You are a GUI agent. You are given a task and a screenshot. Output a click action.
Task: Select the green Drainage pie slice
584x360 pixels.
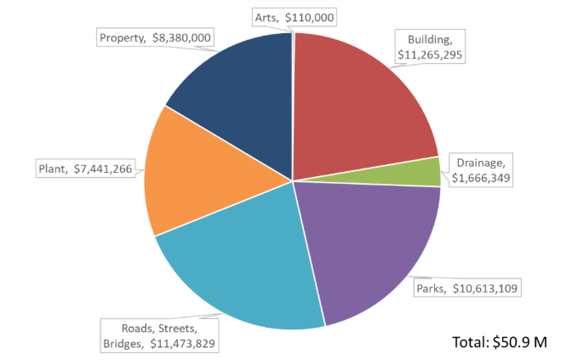pos(426,172)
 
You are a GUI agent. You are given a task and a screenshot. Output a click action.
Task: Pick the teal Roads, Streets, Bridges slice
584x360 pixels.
pos(247,264)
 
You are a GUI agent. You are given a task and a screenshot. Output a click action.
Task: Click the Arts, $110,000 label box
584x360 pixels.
pos(295,16)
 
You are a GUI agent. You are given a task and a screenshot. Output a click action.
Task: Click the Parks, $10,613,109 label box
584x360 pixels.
pos(467,289)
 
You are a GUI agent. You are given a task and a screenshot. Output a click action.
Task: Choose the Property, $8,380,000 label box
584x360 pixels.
pos(153,37)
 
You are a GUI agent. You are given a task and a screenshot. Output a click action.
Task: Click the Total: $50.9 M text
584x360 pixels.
pos(499,342)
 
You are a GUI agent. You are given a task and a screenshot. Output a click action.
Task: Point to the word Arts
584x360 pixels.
pos(266,16)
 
